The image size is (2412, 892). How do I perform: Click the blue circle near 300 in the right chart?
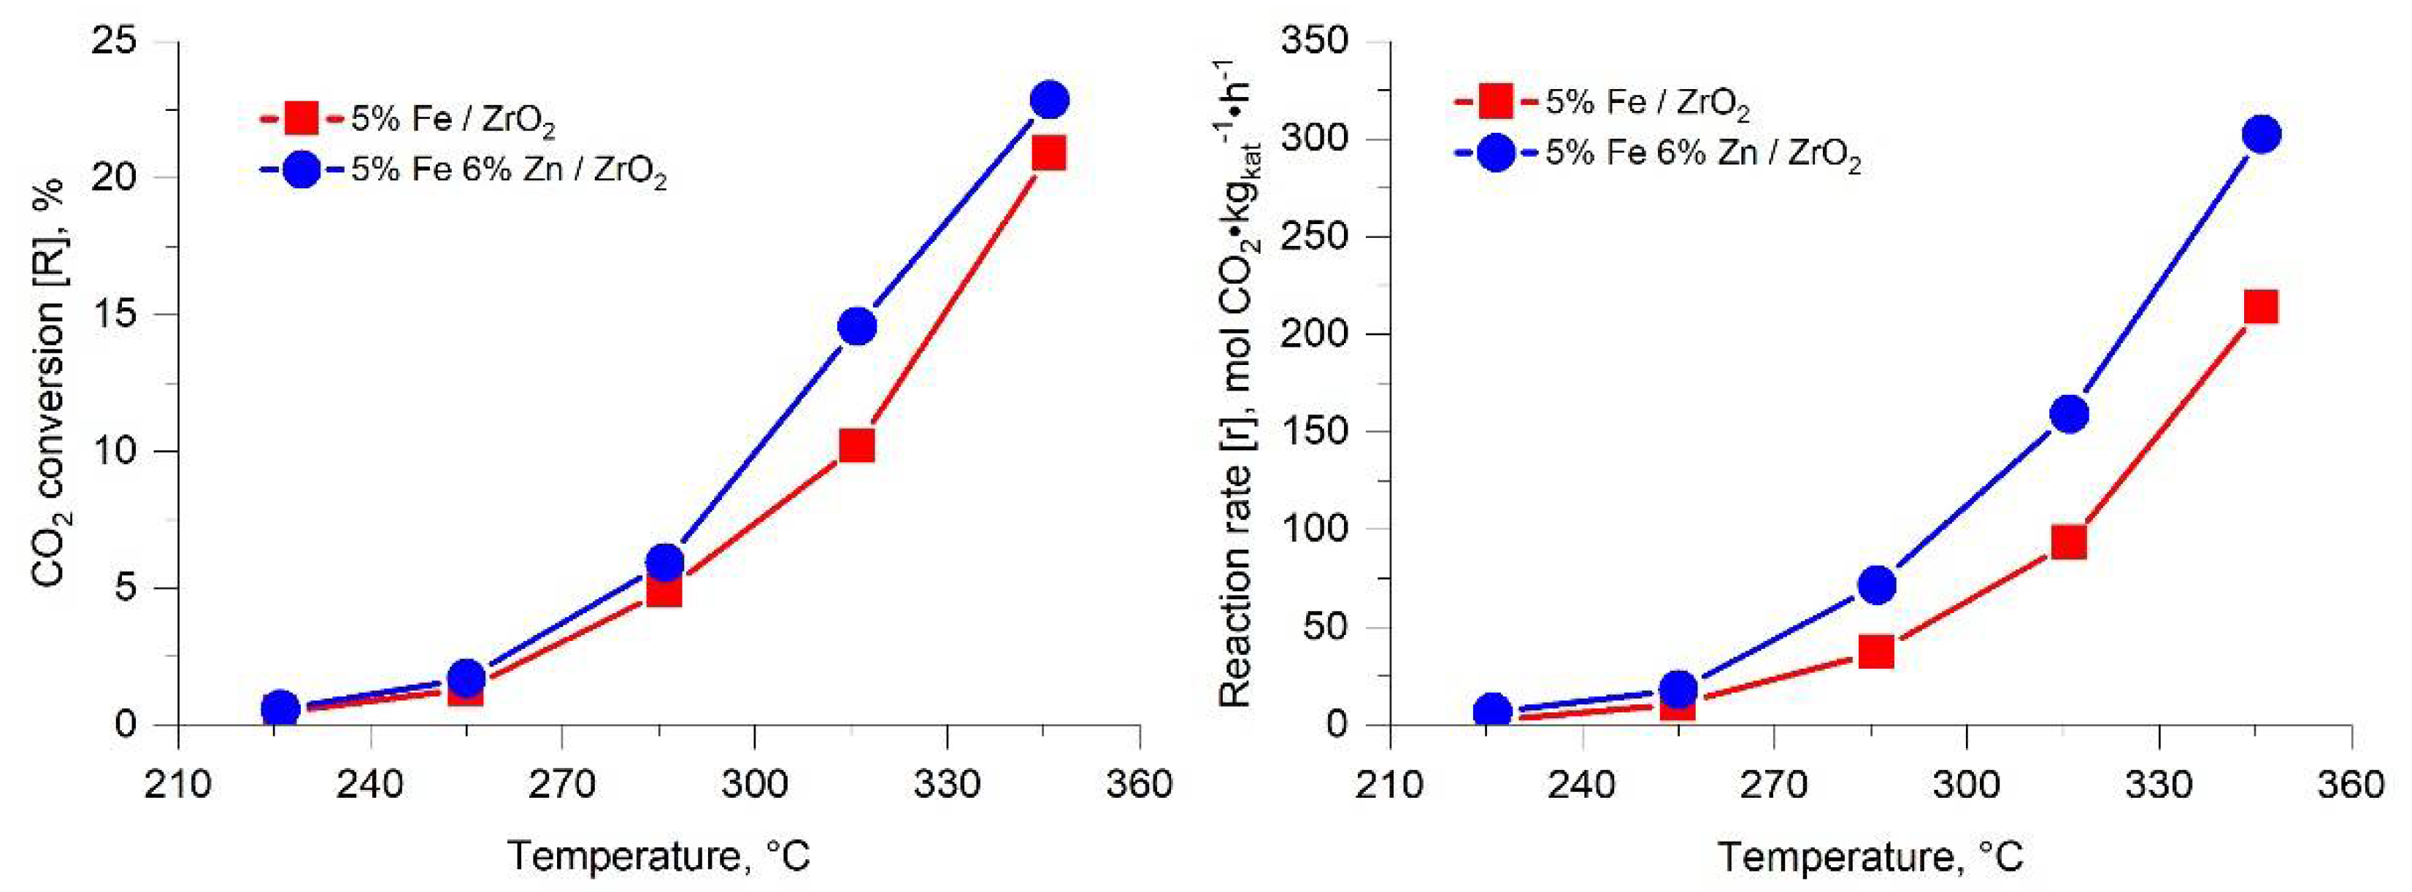(x=2262, y=135)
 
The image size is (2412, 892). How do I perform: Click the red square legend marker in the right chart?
(x=1495, y=101)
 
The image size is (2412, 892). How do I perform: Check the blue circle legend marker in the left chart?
(x=301, y=169)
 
